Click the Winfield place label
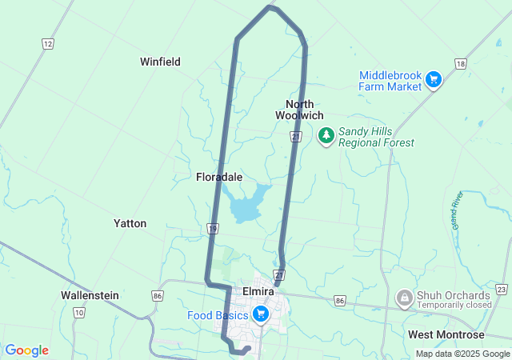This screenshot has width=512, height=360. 160,62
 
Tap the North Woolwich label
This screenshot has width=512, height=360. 299,110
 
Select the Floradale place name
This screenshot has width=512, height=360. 219,177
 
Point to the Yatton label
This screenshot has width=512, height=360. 130,223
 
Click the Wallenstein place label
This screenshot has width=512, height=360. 90,295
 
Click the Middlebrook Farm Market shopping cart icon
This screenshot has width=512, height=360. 433,78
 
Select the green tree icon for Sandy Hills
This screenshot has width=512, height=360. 326,136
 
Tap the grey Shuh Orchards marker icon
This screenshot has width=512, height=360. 404,299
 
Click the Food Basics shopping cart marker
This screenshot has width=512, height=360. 259,314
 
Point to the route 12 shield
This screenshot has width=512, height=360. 48,43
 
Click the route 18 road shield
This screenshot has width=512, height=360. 459,63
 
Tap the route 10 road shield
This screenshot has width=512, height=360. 78,312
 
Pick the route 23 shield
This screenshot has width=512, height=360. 502,289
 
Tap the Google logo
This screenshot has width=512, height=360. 26,350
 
